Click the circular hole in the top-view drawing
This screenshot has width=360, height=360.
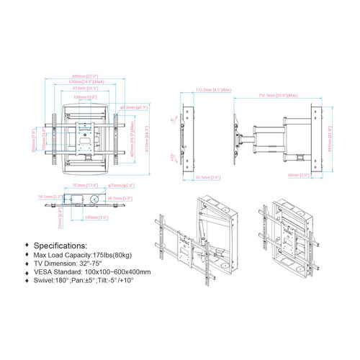pyautogui.click(x=93, y=197)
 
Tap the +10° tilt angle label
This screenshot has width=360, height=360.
pyautogui.click(x=171, y=156)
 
